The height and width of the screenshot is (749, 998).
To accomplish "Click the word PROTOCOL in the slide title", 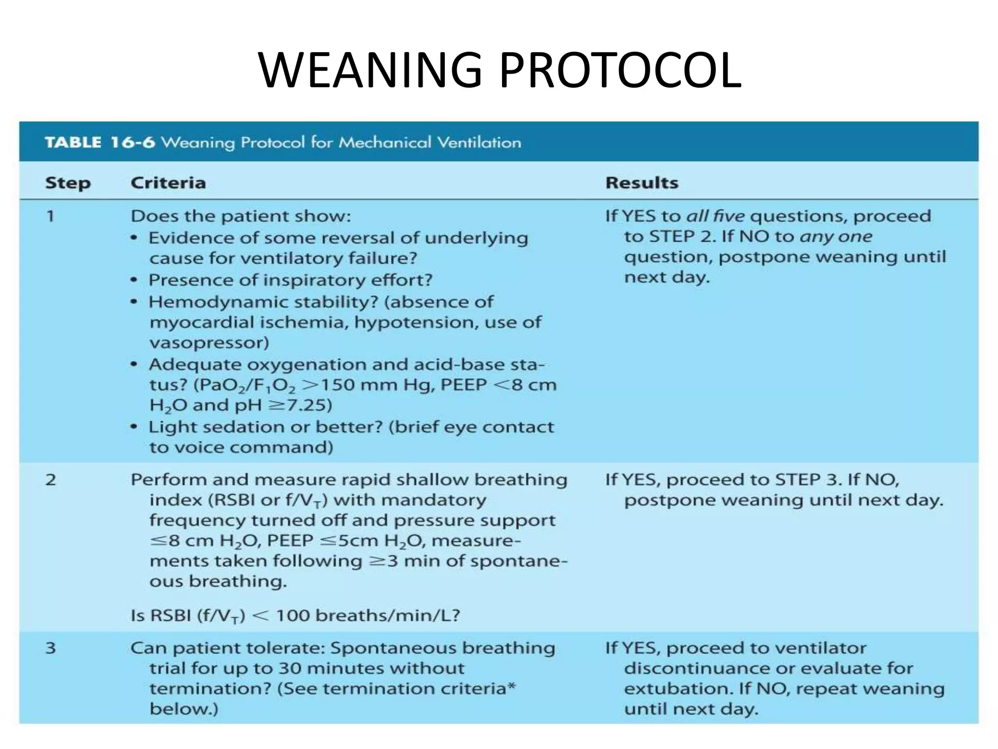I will pyautogui.click(x=620, y=71).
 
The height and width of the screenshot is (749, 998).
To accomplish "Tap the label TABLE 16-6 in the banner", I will pyautogui.click(x=100, y=142).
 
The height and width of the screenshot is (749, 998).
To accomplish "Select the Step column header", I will pyautogui.click(x=68, y=183).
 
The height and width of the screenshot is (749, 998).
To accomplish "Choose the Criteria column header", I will pyautogui.click(x=168, y=183).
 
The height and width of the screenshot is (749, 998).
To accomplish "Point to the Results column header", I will pyautogui.click(x=642, y=183).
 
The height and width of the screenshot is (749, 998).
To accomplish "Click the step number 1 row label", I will pyautogui.click(x=50, y=216).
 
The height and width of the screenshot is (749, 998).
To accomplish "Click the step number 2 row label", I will pyautogui.click(x=51, y=480).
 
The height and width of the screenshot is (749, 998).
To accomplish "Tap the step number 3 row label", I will pyautogui.click(x=51, y=648).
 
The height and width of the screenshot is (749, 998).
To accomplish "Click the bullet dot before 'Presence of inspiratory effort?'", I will pyautogui.click(x=134, y=281).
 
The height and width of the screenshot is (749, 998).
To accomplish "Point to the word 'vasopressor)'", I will pyautogui.click(x=209, y=343).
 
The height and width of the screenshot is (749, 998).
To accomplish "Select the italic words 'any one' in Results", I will pyautogui.click(x=836, y=237).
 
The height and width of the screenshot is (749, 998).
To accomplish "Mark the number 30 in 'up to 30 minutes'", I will pyautogui.click(x=290, y=668).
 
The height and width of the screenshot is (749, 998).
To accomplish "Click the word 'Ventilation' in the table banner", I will pyautogui.click(x=479, y=142).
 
